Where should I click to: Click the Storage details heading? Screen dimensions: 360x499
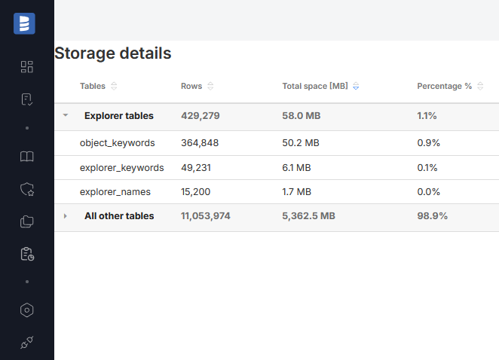113,53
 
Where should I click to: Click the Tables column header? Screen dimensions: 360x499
93,86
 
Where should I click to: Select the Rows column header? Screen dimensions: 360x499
191,86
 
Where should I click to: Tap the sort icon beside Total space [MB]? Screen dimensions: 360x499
356,86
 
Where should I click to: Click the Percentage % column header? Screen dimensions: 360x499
444,86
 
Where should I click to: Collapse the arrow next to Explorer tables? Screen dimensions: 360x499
66,116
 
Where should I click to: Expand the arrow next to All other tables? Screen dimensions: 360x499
66,216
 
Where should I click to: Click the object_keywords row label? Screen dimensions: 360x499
118,142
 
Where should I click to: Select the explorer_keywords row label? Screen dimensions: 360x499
121,167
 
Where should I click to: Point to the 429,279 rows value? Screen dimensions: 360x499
205,116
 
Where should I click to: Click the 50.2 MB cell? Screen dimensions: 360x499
301,142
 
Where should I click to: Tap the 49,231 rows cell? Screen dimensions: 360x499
197,167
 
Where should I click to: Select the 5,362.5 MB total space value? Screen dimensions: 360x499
308,216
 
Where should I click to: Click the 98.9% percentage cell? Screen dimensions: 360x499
432,216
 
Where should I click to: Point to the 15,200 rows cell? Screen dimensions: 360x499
196,191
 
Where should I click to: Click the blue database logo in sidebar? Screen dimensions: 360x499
24,23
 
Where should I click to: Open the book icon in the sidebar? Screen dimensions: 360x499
27,157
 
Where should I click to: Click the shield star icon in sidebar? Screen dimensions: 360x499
27,190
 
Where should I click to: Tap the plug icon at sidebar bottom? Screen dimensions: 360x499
27,343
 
